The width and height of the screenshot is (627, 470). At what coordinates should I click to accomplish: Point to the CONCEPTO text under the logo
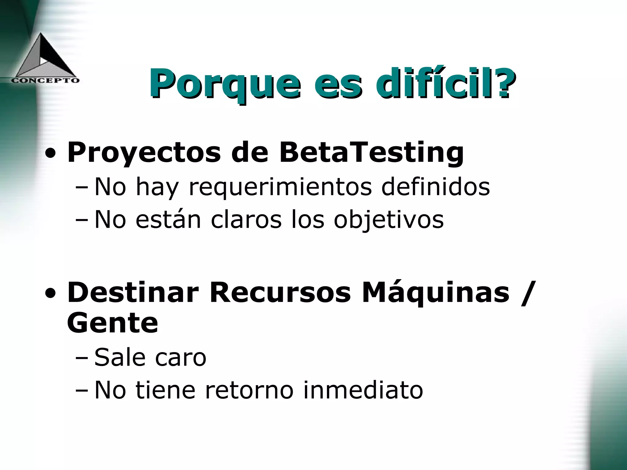coord(45,80)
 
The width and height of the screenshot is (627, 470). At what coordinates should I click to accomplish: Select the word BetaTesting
coord(371,152)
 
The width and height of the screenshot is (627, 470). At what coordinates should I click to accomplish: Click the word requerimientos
coord(280,187)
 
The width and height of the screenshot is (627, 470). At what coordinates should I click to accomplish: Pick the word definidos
coord(435,187)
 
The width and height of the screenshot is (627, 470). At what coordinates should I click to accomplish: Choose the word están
coord(168,219)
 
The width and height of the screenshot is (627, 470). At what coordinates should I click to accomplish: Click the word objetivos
coord(389,219)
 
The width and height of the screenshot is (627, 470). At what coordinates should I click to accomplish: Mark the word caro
coord(181,357)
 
